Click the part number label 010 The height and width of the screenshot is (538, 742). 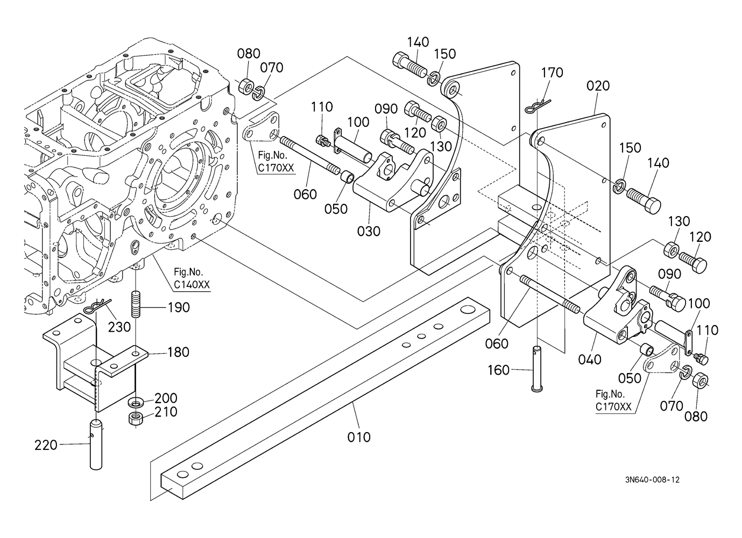tap(359, 437)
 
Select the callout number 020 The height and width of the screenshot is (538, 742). tap(598, 86)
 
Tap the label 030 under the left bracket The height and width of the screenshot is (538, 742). tap(369, 231)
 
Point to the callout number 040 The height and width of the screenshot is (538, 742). tap(590, 359)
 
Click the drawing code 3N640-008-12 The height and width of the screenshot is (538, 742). tap(652, 479)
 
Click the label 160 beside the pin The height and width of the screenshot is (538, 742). tap(499, 370)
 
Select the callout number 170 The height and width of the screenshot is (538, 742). tap(552, 73)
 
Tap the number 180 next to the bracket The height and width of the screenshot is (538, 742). tap(178, 352)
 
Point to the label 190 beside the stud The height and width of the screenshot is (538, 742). tap(179, 307)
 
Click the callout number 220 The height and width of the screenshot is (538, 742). tap(46, 444)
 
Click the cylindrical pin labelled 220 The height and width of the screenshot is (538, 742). tap(96, 443)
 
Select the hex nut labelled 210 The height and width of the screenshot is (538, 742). tap(136, 418)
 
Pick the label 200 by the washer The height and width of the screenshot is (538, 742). tap(166, 398)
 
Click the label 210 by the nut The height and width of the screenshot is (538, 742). tap(166, 412)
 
